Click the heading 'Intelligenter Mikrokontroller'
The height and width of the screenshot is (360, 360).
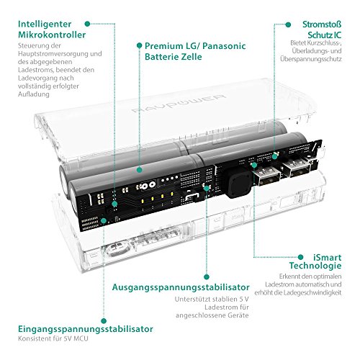[52, 30]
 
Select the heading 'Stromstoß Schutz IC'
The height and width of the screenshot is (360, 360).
[322, 30]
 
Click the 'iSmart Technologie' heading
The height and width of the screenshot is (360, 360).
[315, 261]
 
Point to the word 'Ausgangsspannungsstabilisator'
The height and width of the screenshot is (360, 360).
[181, 287]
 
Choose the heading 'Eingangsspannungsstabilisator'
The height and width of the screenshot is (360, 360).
[86, 329]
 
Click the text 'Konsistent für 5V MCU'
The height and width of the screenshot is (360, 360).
[53, 338]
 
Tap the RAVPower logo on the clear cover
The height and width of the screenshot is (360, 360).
[179, 104]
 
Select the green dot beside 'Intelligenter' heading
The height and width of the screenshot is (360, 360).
[87, 24]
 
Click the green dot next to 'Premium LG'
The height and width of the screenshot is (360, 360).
[139, 45]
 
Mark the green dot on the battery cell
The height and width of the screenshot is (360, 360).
[139, 170]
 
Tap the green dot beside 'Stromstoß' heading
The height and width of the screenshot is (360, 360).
[288, 24]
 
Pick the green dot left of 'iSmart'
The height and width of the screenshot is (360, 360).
[300, 257]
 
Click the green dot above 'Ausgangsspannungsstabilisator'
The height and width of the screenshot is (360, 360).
[207, 277]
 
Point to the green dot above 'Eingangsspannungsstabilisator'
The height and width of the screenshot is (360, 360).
[104, 321]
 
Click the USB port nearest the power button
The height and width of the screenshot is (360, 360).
[266, 174]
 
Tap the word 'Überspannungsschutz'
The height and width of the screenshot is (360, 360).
[311, 59]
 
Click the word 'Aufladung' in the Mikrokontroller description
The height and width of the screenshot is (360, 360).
[34, 94]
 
